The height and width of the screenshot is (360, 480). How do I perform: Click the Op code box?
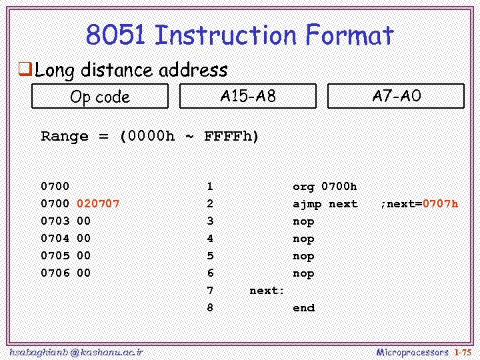coord(100,97)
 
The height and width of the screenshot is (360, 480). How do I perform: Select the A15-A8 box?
coord(248,96)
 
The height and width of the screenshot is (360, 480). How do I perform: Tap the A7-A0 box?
coord(396,96)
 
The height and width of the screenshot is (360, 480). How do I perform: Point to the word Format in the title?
coord(349,35)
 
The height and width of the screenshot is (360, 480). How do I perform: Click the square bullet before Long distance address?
coord(25,69)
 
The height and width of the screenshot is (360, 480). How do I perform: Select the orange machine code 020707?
coord(99,203)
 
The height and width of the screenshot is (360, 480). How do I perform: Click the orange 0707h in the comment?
coord(440,203)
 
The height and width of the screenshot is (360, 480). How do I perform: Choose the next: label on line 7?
coord(267,290)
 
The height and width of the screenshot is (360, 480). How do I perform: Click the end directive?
coord(304,307)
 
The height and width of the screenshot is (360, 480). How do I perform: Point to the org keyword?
coord(304,186)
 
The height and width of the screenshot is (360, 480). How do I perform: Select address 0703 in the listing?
coord(55,221)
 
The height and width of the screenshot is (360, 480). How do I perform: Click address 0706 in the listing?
coord(55,273)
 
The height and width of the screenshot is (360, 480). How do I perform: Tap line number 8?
coord(210,307)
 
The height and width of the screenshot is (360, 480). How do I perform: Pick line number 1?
coord(210,186)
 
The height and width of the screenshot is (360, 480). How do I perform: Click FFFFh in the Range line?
coord(231,136)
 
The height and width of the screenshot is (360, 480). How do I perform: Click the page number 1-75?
coord(463,351)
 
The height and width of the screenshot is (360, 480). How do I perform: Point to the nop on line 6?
coord(304,273)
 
